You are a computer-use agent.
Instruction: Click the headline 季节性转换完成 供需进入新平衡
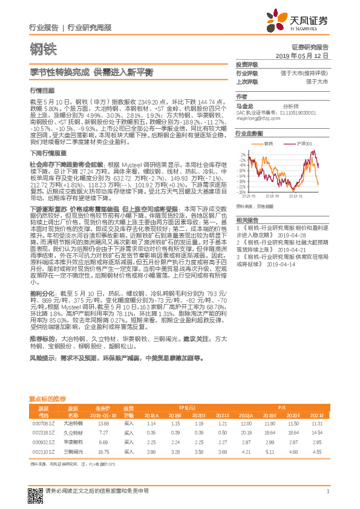(91, 71)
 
